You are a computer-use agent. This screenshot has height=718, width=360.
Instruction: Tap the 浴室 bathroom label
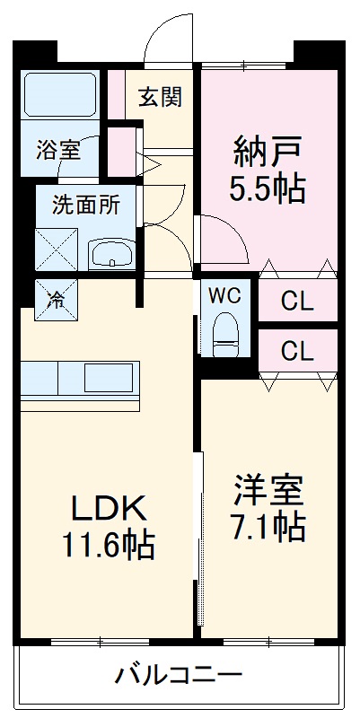[x=58, y=150]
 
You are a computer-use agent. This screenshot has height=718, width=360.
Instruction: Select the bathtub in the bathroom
[x=60, y=94]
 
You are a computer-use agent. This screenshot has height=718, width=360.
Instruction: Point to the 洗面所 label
[x=85, y=205]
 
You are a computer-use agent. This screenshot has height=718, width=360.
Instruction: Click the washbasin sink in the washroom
[x=111, y=253]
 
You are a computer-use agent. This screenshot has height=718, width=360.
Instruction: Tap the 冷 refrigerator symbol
[x=57, y=300]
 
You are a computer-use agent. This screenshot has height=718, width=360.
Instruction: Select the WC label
[x=224, y=296]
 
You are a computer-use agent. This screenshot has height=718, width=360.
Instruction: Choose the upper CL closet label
[x=297, y=302]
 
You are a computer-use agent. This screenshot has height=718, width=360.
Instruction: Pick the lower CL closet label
[x=297, y=351]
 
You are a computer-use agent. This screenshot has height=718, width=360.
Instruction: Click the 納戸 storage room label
[x=268, y=154]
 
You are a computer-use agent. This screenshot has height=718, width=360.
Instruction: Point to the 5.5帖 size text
[x=268, y=189]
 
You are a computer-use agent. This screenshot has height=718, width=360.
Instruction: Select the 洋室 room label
[x=269, y=490]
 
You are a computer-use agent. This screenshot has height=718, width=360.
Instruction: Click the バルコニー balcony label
[x=178, y=675]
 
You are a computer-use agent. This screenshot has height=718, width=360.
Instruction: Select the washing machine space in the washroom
[x=57, y=250]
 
